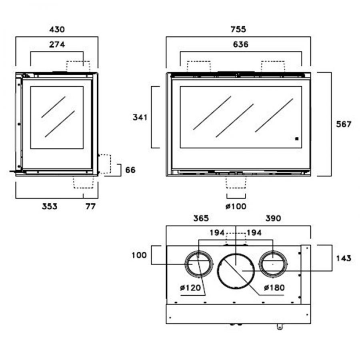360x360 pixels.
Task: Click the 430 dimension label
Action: click(56, 29)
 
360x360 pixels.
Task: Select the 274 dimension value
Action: click(57, 44)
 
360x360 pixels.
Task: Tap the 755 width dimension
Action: click(238, 29)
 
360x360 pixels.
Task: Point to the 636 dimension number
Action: click(240, 44)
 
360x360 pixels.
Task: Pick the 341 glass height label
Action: click(140, 118)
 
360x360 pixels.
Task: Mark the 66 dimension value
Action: click(130, 170)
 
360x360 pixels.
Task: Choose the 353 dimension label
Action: click(50, 206)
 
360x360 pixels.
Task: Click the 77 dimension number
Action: click(90, 206)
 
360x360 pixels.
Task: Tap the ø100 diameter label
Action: click(236, 206)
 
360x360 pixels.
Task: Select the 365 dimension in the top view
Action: click(201, 218)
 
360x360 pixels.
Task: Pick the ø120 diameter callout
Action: click(190, 288)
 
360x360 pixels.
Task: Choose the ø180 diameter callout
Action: click(274, 288)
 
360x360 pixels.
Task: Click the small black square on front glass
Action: click(296, 139)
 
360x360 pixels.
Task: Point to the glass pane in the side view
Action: click(57, 118)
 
